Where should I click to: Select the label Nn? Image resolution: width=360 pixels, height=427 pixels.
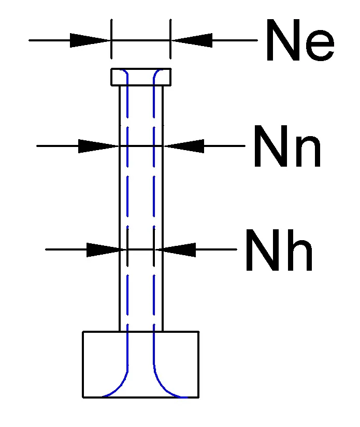[287, 149]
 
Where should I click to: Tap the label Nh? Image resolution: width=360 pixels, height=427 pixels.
[279, 252]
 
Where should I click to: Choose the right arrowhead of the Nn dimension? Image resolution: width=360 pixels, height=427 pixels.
[184, 146]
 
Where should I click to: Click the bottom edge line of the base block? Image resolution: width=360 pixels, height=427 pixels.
[140, 397]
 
